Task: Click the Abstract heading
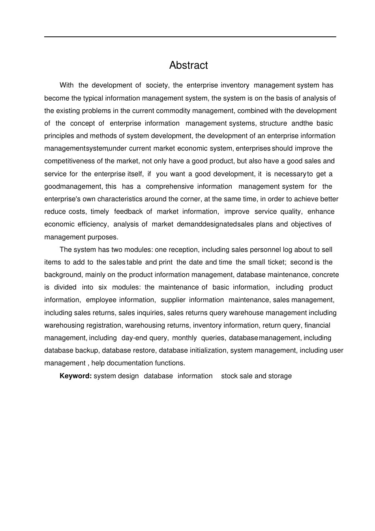(188, 65)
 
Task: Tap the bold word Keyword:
(75, 376)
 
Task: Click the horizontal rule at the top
(190, 37)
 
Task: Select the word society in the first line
(157, 85)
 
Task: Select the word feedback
(128, 212)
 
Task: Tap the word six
(103, 287)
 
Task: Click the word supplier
(172, 300)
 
